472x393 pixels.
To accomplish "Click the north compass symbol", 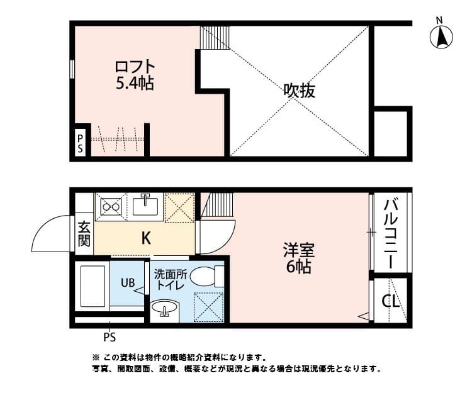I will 442,36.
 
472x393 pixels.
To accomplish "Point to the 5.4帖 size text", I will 135,83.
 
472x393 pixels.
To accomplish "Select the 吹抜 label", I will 298,91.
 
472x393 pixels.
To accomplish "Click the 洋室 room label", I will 298,250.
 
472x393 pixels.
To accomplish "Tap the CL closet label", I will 391,301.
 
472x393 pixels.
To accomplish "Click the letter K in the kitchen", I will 145,238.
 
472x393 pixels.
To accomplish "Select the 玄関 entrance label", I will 84,233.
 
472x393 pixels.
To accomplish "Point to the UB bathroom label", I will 127,283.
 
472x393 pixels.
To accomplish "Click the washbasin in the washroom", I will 165,310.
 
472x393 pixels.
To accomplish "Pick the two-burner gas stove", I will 111,205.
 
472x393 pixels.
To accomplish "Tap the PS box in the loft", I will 81,143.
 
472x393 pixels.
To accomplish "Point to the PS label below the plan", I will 110,336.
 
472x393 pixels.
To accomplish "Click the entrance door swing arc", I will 50,233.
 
